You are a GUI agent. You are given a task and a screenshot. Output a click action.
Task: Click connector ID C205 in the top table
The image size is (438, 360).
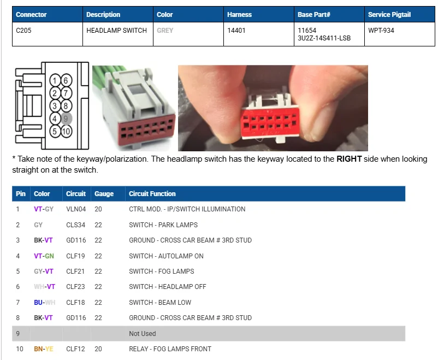pos(23,31)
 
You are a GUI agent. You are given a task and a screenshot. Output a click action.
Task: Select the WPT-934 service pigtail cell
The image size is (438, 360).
pos(381,31)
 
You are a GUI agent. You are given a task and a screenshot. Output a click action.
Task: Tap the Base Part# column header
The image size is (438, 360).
pos(314,15)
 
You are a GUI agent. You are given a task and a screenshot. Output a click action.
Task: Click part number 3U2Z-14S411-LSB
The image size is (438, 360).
pos(324,38)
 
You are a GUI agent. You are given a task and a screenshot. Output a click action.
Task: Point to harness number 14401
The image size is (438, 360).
pos(236,31)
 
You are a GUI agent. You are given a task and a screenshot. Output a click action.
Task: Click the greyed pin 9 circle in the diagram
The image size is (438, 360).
pos(66,119)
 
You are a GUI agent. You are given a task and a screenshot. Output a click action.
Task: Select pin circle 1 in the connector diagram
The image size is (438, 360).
pos(55,80)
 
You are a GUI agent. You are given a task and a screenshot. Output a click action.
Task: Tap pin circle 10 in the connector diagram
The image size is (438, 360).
pos(66,131)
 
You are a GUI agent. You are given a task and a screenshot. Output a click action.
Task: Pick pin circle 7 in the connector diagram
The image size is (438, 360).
pos(66,93)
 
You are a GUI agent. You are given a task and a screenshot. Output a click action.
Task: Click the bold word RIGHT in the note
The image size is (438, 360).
pos(349,159)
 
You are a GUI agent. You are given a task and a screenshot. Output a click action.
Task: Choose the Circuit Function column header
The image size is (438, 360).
pos(152,194)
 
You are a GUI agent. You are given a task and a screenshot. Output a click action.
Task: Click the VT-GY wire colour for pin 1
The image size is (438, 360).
pos(44,209)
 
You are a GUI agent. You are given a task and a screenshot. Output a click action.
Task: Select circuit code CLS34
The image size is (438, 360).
pos(76,225)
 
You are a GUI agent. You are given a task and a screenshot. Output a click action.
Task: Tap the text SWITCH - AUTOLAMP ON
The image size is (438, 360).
pos(166,256)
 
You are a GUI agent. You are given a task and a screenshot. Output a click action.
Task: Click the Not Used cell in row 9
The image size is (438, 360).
pos(143,333)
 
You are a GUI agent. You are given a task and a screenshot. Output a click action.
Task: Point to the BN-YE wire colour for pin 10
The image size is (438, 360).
pos(44,349)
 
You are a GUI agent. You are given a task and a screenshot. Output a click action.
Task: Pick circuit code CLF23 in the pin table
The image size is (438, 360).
pos(75,286)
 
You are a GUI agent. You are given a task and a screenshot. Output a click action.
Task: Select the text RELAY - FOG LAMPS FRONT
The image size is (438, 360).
pos(170,349)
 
